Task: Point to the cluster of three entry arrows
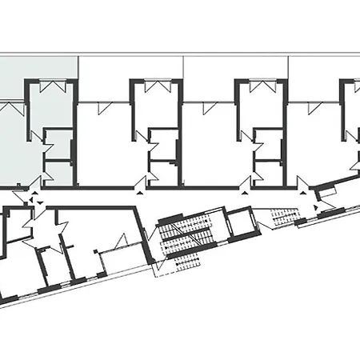click(x=32, y=198)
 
